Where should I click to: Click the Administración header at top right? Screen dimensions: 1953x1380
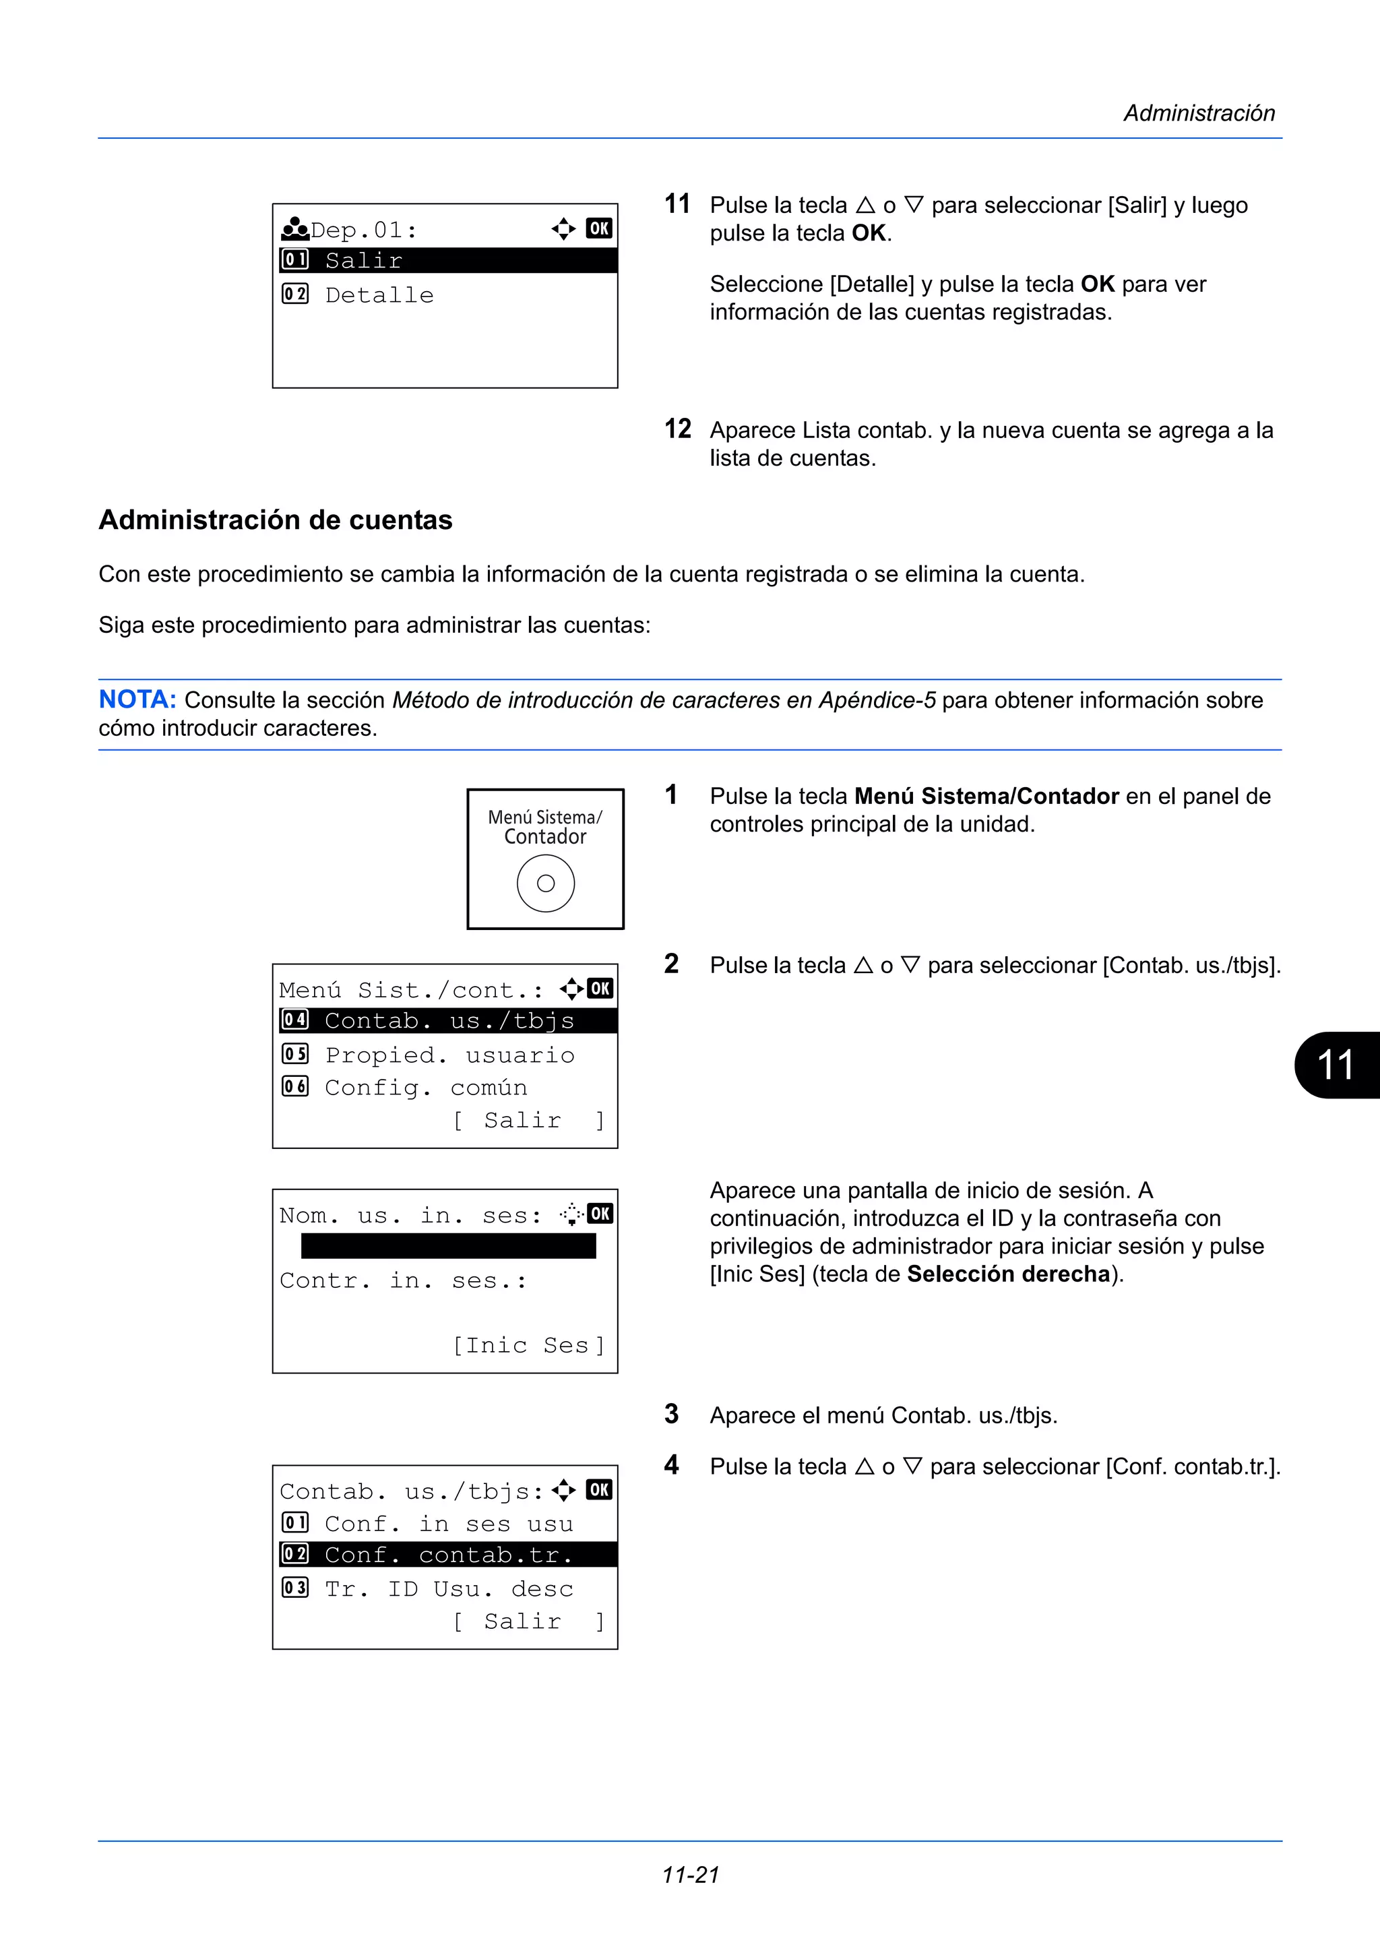point(1198,113)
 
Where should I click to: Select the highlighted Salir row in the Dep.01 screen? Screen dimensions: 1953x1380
point(447,260)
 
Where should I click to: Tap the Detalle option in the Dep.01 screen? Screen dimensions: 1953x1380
point(379,295)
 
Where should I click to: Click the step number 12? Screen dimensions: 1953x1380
point(678,429)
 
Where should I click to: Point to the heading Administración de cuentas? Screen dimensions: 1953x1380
point(276,520)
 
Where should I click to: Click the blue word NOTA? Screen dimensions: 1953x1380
point(137,700)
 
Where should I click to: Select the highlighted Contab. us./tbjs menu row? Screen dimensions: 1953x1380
point(447,1021)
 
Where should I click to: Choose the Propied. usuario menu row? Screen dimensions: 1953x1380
point(449,1055)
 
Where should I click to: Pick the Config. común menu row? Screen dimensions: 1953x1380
point(425,1087)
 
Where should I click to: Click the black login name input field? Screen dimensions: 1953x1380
point(448,1246)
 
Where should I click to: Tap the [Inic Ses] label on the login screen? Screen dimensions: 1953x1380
point(528,1345)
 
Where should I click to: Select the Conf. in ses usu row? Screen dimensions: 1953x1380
point(448,1524)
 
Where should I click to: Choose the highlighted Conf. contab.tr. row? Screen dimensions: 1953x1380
point(447,1555)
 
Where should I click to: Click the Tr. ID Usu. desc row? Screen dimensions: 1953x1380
point(448,1588)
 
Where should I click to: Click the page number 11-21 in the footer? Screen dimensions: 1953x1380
point(691,1875)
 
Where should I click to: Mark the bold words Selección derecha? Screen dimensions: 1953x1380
point(1009,1274)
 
